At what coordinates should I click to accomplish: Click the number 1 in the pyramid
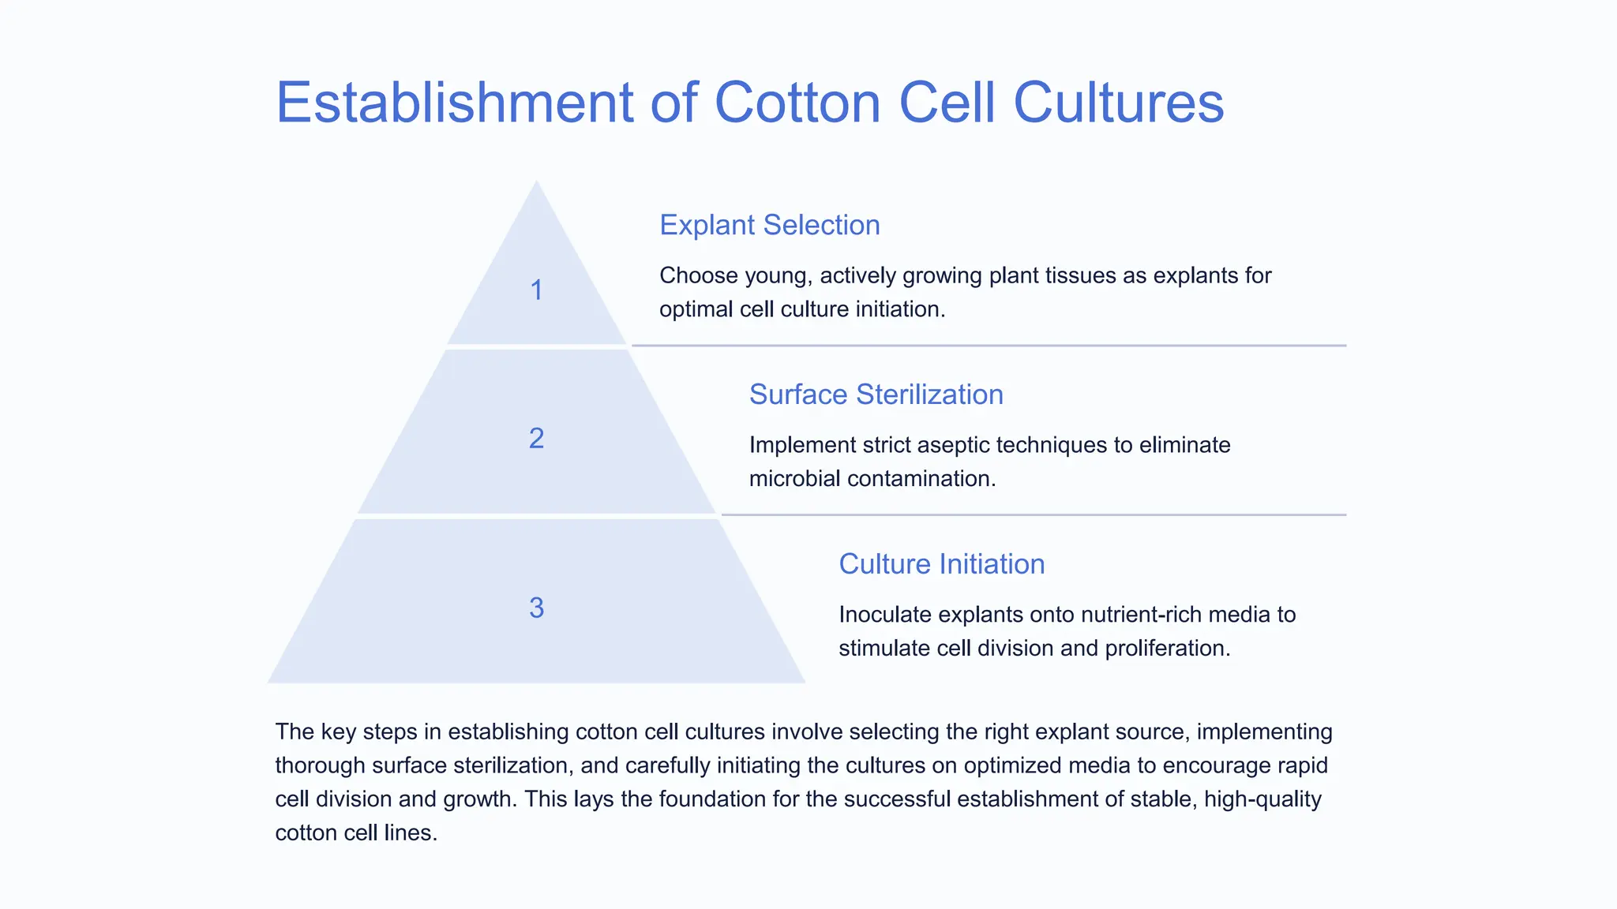pyautogui.click(x=536, y=290)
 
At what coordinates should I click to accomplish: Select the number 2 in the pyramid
pyautogui.click(x=536, y=438)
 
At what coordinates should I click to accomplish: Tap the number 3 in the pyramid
pyautogui.click(x=536, y=608)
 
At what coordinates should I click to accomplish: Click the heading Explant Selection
pyautogui.click(x=769, y=225)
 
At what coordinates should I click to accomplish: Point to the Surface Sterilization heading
pyautogui.click(x=876, y=395)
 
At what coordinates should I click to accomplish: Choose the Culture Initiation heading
pyautogui.click(x=941, y=564)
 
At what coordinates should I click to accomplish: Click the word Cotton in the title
pyautogui.click(x=797, y=103)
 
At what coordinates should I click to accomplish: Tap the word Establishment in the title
pyautogui.click(x=454, y=103)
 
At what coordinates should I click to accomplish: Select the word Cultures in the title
pyautogui.click(x=1118, y=103)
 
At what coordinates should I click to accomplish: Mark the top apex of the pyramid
pyautogui.click(x=537, y=183)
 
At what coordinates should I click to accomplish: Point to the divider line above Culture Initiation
pyautogui.click(x=1034, y=515)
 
